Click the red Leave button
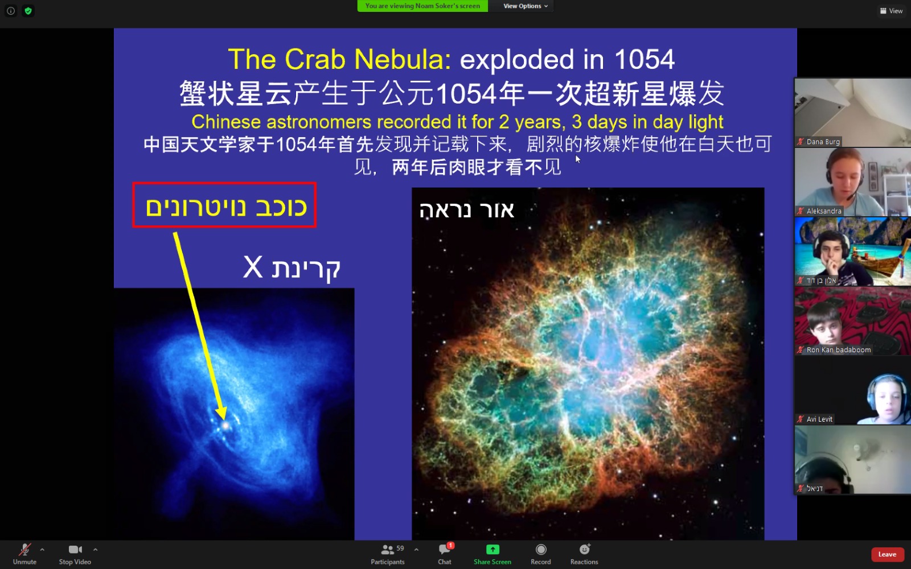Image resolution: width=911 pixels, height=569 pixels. (x=887, y=554)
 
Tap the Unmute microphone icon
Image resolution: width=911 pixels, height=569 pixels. (x=25, y=550)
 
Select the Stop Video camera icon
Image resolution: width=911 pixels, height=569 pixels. (x=75, y=550)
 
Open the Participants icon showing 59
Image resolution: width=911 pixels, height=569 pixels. (x=387, y=550)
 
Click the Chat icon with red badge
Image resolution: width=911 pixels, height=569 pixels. (x=445, y=549)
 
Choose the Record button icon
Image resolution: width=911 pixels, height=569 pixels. (x=540, y=550)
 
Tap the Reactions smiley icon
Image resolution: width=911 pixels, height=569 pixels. (x=584, y=550)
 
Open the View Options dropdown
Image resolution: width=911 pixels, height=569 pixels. (x=526, y=6)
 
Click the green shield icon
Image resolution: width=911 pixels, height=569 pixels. (x=28, y=11)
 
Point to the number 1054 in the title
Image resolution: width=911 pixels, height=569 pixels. (x=644, y=59)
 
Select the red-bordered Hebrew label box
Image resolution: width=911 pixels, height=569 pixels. (x=224, y=205)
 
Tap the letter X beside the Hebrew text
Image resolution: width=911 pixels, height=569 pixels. (x=253, y=267)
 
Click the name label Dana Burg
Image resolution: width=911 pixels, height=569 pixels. (x=823, y=142)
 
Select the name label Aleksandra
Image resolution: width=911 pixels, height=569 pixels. (x=824, y=211)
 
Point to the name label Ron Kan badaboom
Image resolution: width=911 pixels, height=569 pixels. (x=839, y=350)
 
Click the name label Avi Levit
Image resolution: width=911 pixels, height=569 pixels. (x=819, y=419)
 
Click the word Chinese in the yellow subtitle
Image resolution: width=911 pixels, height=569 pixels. (x=226, y=122)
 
